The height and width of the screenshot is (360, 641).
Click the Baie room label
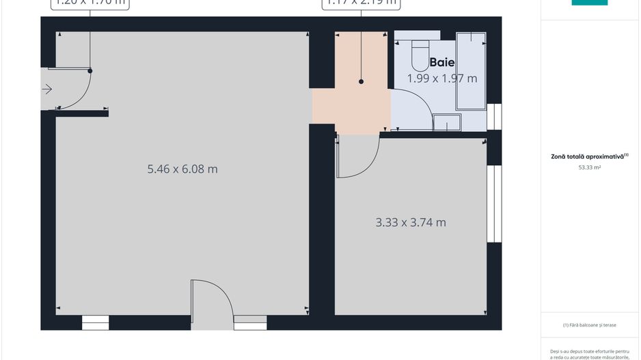tap(442, 63)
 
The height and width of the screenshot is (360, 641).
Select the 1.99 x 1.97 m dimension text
tap(442, 79)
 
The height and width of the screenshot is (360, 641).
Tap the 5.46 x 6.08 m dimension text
tap(182, 169)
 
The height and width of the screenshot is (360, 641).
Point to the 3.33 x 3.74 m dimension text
tap(411, 222)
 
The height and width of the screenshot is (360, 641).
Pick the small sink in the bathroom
tap(447, 123)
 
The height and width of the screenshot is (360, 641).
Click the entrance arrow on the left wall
tap(46, 89)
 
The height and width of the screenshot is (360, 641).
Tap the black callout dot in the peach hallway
tap(362, 81)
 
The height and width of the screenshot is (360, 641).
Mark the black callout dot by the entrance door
tap(90, 70)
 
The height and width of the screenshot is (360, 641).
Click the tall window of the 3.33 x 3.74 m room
tap(493, 204)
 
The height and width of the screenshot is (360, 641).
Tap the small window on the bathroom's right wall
tap(493, 117)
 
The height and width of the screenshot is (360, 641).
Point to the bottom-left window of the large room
tap(96, 322)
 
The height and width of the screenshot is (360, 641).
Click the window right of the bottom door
tap(250, 322)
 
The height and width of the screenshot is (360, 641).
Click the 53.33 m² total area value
tap(589, 167)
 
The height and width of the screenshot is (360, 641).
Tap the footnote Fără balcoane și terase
tap(589, 325)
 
